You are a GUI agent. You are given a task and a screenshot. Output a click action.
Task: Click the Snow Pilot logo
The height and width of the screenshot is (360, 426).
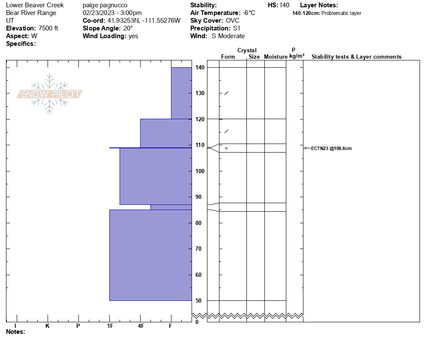click(50, 94)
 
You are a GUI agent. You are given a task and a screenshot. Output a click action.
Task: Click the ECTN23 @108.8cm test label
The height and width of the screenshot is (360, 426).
click(331, 148)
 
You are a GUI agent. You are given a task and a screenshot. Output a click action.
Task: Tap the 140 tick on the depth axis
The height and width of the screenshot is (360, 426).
click(199, 68)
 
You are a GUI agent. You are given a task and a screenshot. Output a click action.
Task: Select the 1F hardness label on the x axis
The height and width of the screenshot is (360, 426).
click(110, 326)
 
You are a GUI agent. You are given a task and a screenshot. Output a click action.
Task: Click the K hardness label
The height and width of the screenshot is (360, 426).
click(48, 326)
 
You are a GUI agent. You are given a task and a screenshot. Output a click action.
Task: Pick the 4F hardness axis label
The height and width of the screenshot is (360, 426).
click(141, 326)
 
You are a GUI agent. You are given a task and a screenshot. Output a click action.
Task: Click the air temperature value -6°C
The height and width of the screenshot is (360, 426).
click(249, 13)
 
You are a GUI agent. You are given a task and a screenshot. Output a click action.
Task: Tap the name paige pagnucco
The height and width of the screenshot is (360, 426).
click(105, 5)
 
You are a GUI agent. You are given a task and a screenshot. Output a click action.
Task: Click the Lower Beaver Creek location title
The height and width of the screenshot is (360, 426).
click(35, 5)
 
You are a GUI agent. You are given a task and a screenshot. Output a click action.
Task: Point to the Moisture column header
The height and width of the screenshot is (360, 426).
click(276, 57)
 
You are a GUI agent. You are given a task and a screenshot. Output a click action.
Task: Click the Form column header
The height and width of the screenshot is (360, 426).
click(228, 57)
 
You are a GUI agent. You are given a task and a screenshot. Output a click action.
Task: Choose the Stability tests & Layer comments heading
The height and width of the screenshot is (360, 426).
click(356, 57)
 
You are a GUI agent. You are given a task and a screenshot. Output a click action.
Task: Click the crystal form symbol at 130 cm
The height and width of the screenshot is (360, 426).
click(226, 93)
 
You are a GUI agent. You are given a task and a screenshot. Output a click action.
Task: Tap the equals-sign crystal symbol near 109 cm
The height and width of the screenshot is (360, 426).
click(226, 148)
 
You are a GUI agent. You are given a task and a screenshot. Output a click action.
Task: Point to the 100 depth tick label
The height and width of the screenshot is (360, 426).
click(199, 171)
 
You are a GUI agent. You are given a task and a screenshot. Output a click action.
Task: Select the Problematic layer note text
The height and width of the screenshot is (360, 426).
click(341, 13)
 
